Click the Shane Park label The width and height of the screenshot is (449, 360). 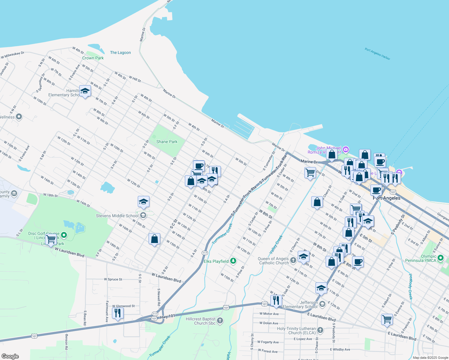point(167,142)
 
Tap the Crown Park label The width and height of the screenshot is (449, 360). point(93,58)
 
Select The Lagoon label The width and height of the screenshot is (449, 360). point(120,52)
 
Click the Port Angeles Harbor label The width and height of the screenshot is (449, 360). point(377,54)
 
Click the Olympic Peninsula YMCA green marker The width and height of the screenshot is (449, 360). point(440,258)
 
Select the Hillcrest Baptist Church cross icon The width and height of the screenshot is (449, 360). point(220,321)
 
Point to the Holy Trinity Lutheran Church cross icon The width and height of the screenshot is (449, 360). point(320,330)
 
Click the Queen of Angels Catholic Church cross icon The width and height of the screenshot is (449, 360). point(293,260)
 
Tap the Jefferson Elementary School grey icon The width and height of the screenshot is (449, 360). point(322,304)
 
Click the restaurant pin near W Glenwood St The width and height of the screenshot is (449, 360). point(117,313)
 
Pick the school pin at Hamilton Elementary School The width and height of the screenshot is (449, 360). point(85,91)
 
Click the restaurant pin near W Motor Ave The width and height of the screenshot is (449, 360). point(276,300)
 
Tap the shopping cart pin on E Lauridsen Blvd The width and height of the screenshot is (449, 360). point(387,319)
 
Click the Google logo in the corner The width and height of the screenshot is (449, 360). point(10,356)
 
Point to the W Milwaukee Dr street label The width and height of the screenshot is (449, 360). point(13,55)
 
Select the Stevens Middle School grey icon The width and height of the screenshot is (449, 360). point(143,215)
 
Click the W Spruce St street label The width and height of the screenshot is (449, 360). point(113,279)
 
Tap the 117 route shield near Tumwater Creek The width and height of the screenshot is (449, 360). point(205,253)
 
